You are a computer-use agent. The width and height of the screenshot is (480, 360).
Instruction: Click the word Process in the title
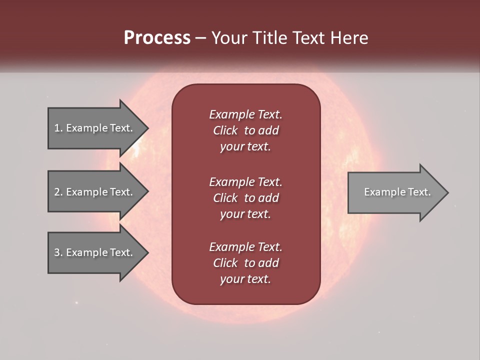coord(157,37)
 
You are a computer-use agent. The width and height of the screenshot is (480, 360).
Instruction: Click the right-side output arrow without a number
coord(395,192)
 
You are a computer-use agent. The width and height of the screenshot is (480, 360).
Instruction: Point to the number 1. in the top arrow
coord(58,128)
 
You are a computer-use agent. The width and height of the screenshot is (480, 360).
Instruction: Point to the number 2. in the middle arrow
coord(58,192)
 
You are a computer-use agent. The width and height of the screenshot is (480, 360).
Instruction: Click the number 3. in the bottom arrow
coord(58,252)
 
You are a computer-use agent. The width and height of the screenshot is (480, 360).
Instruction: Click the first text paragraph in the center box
coord(245,130)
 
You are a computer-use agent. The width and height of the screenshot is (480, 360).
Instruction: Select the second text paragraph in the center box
coord(245,197)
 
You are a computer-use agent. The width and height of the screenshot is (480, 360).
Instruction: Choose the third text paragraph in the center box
coord(245,263)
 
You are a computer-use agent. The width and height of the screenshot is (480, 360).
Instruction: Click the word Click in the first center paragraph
coord(225,130)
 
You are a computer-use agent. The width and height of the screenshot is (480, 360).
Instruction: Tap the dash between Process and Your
coord(200,38)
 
